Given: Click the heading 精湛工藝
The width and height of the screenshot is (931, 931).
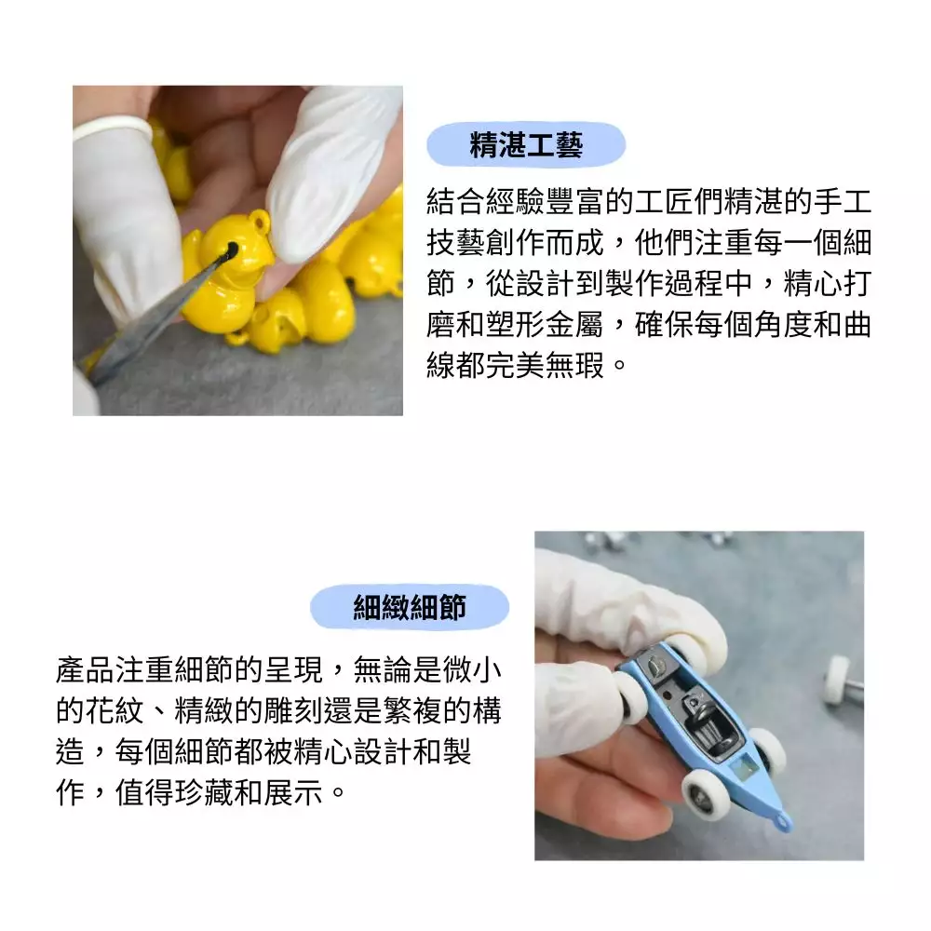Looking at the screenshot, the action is pos(526,144).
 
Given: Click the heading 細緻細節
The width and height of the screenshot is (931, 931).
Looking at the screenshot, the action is pos(410,607).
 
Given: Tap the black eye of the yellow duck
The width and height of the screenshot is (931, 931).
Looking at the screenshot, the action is pos(230,250).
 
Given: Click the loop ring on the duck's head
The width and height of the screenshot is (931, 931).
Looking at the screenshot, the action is pos(260,221).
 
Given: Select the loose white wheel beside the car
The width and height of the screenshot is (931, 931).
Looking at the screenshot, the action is pos(837,679).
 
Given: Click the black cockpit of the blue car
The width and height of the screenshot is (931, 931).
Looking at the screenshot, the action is pos(709,722).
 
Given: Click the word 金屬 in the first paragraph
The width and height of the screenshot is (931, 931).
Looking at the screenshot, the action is pos(574,324).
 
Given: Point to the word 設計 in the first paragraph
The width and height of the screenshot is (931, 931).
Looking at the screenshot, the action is pos(545,283).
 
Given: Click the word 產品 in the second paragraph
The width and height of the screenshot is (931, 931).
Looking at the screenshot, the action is pos(86,669).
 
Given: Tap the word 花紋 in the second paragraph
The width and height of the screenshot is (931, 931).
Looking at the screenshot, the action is pos(115,710).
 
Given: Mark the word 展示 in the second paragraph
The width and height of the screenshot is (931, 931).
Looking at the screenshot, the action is pos(293,792).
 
